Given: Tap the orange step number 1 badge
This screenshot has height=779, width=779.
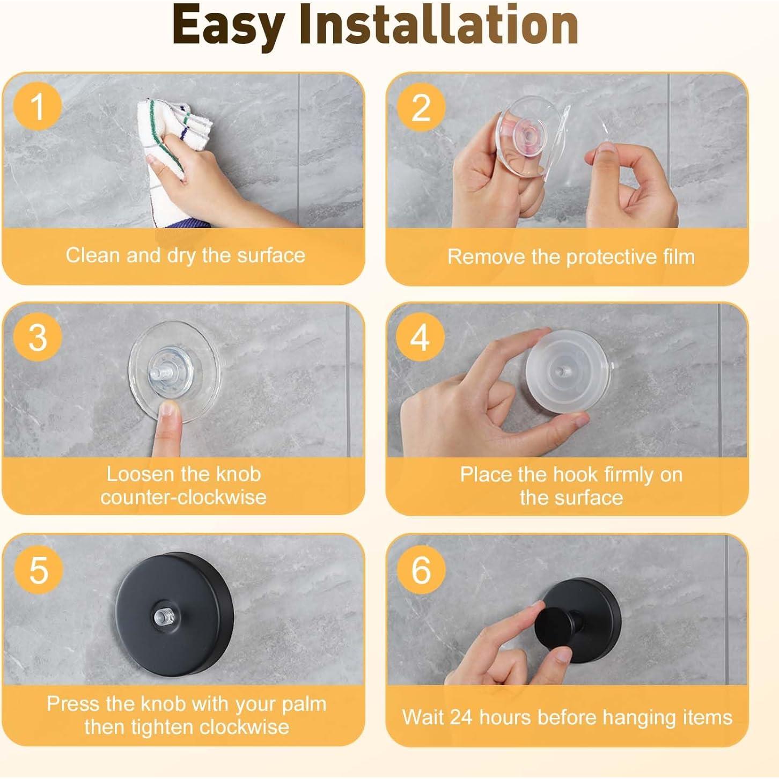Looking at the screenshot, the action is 38,107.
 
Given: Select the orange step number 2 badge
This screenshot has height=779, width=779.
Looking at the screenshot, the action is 421,108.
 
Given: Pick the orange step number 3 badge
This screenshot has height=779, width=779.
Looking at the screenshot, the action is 38,337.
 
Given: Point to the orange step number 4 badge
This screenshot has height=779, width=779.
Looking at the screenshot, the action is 420,337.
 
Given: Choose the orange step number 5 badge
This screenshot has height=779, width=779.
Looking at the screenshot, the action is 39,570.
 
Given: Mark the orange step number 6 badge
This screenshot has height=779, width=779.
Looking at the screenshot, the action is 421,570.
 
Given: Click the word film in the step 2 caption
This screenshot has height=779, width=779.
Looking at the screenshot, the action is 679,256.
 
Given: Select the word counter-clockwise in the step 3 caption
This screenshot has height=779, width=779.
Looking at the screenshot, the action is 183,497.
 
